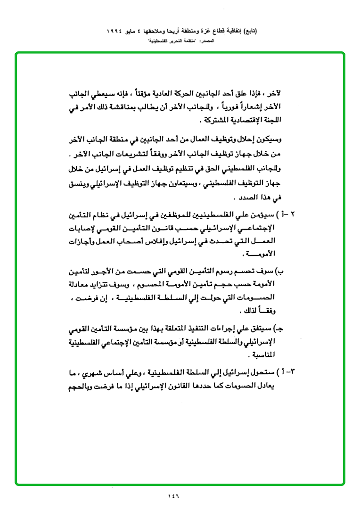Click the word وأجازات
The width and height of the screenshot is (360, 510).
(x=82, y=242)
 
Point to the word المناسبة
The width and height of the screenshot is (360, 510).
(x=261, y=354)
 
